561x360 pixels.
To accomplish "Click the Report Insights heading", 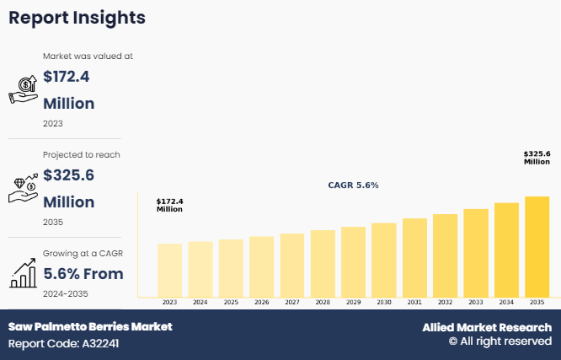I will click(x=77, y=18).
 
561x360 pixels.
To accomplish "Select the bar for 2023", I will click(x=169, y=270).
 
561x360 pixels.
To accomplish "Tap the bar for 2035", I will click(x=537, y=246).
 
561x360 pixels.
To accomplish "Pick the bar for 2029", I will click(x=353, y=261).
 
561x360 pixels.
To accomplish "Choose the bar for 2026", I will click(x=261, y=266).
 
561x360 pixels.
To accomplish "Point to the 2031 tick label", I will click(x=414, y=302).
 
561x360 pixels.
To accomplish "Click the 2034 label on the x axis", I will click(x=506, y=302).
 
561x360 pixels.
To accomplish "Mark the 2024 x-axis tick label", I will click(x=200, y=302).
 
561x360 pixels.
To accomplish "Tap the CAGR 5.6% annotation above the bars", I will click(x=353, y=185).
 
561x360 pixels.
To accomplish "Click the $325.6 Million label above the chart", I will click(x=537, y=158).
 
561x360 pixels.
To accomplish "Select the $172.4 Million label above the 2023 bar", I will click(x=169, y=205).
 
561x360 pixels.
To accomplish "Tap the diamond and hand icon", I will click(x=22, y=189).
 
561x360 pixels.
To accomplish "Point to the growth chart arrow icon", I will click(x=22, y=271).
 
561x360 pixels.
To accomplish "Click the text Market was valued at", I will click(x=88, y=56).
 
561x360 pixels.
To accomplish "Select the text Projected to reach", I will click(x=82, y=155).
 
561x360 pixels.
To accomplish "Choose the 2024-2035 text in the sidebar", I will click(x=66, y=293).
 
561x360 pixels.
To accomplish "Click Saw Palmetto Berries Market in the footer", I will click(x=90, y=326).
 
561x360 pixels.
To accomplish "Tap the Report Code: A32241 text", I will click(x=64, y=344).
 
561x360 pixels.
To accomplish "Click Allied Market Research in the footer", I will click(x=487, y=327).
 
